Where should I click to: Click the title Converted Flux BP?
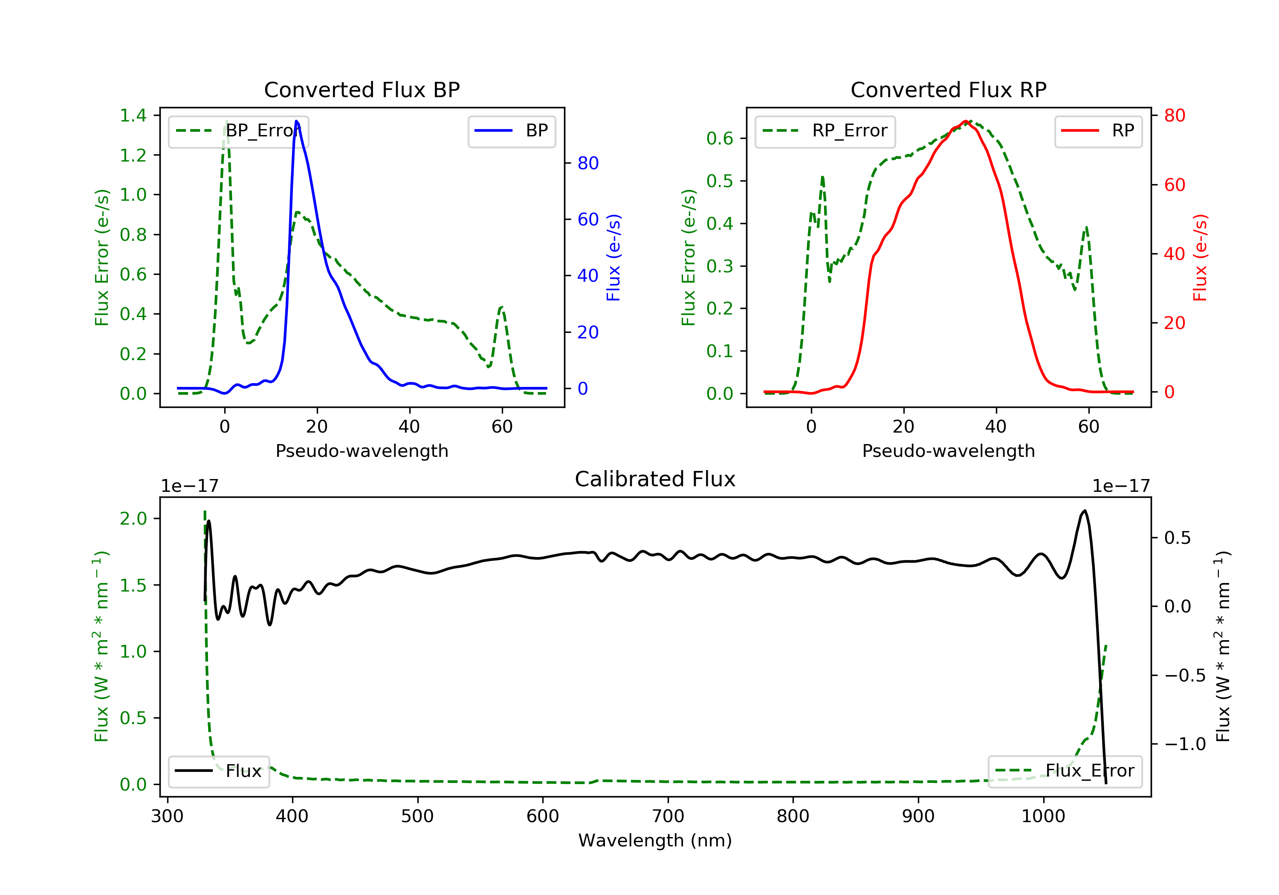coord(362,89)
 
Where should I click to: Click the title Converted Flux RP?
coord(948,89)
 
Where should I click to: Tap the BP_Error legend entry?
coord(238,131)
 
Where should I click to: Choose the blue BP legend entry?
coord(511,131)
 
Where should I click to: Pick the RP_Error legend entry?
coord(825,131)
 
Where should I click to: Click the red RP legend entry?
coord(1098,131)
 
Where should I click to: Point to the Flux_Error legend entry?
coord(1065,771)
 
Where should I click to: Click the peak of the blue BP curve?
coord(296,121)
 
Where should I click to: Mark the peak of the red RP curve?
coord(965,121)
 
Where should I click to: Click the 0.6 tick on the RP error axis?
coord(720,138)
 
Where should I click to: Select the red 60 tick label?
coord(1174,185)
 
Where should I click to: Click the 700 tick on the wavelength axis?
coord(668,817)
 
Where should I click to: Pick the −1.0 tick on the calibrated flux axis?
coord(1185,744)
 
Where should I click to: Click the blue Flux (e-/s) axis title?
coord(613,257)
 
